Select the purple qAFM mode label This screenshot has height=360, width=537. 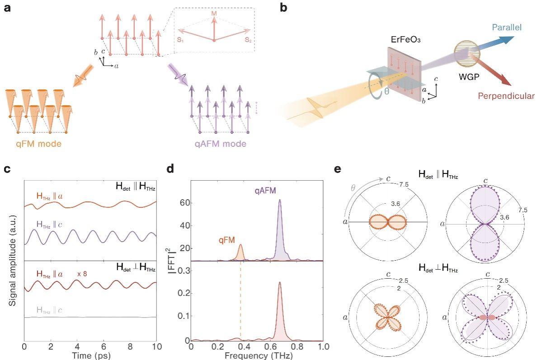tap(221, 144)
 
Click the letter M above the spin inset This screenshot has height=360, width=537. tap(214, 14)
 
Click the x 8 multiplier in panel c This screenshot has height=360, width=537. tap(82, 273)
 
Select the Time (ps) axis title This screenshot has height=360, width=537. tap(90, 355)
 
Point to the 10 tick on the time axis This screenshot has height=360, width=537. tap(156, 347)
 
